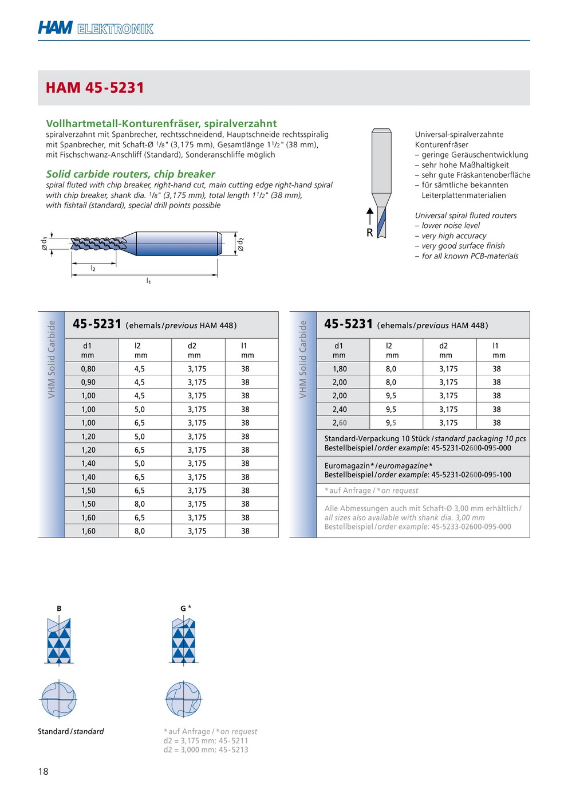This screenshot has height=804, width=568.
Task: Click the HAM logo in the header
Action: pyautogui.click(x=55, y=28)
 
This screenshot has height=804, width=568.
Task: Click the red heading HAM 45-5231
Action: pyautogui.click(x=94, y=88)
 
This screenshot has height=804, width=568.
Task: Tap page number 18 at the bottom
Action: pyautogui.click(x=44, y=771)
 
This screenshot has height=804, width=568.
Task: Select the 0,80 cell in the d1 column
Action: pyautogui.click(x=88, y=369)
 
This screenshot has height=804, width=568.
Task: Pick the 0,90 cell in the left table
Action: pyautogui.click(x=88, y=382)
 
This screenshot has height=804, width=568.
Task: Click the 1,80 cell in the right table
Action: pyautogui.click(x=340, y=369)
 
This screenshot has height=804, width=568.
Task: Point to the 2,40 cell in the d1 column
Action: pyautogui.click(x=340, y=410)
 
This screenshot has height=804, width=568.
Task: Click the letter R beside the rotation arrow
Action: pyautogui.click(x=369, y=233)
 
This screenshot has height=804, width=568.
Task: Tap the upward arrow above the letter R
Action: pyautogui.click(x=370, y=216)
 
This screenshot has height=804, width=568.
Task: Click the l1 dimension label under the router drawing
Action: pyautogui.click(x=149, y=281)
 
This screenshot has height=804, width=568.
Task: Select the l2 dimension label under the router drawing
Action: pyautogui.click(x=93, y=268)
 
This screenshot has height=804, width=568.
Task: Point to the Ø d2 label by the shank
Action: pyautogui.click(x=241, y=244)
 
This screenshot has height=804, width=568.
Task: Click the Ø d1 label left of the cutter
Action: pyautogui.click(x=44, y=243)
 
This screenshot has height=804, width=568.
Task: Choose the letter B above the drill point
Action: pyautogui.click(x=59, y=609)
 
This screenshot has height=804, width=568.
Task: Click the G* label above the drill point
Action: pyautogui.click(x=186, y=608)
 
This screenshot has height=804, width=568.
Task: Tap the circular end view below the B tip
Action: pyautogui.click(x=58, y=699)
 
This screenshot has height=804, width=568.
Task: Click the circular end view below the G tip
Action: pyautogui.click(x=183, y=699)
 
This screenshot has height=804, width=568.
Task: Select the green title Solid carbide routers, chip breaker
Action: pyautogui.click(x=131, y=174)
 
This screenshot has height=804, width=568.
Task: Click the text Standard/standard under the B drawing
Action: pyautogui.click(x=71, y=732)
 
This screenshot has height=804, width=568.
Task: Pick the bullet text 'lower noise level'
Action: pyautogui.click(x=451, y=226)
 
